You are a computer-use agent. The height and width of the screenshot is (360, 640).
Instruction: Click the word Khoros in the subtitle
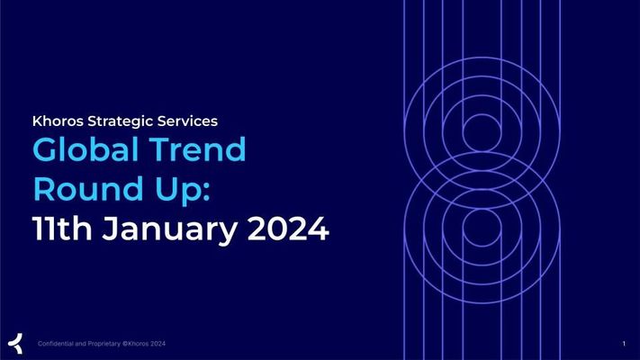58,121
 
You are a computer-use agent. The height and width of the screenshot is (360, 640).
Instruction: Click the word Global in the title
85,149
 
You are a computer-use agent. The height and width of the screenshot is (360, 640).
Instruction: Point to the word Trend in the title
197,149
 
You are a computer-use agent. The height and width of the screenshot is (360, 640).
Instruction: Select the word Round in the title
88,189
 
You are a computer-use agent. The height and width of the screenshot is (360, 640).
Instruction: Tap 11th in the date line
62,229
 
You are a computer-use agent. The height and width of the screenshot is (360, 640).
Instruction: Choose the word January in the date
169,230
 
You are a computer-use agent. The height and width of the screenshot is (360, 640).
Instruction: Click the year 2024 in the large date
288,229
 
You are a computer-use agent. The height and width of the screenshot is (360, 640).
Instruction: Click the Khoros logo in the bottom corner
15,343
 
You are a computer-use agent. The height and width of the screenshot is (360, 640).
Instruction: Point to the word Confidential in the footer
56,344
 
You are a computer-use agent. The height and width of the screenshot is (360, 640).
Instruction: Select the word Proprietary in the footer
104,344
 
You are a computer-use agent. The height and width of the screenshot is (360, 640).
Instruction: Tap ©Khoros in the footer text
135,344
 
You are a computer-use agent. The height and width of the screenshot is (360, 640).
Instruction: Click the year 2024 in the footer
158,344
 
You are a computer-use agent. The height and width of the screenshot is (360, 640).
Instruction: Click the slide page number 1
624,344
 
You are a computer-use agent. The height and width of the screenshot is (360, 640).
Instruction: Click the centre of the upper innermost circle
482,132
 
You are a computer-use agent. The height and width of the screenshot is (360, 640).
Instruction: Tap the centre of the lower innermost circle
482,228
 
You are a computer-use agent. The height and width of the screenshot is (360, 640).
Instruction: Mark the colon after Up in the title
206,192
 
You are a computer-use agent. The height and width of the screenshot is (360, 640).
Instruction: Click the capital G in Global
45,149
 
